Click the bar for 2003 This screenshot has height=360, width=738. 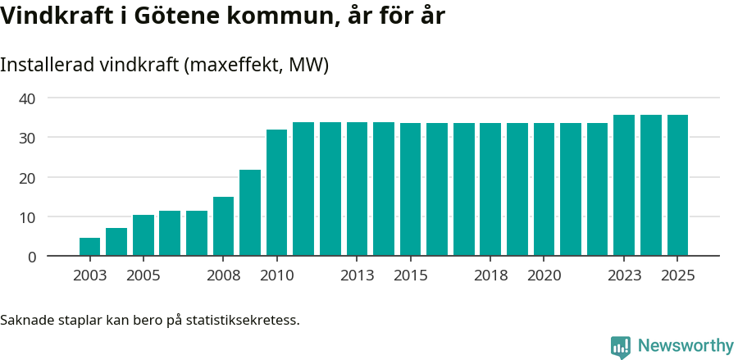89,247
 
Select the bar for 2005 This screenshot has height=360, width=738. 143,235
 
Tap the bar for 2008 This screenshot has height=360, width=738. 223,226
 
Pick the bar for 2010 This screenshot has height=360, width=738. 277,193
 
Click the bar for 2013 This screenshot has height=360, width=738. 357,189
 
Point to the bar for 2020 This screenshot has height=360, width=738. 544,189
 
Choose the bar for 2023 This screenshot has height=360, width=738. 624,185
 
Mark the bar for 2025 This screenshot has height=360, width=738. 677,185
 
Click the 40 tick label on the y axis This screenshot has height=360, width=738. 28,98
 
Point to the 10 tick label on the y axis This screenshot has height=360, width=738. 28,217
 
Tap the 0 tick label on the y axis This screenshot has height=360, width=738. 32,257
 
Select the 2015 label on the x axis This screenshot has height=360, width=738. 410,276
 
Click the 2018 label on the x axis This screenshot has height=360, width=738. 490,276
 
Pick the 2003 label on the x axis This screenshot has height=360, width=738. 89,276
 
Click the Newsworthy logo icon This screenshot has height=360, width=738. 621,346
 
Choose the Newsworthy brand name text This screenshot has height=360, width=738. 686,346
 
